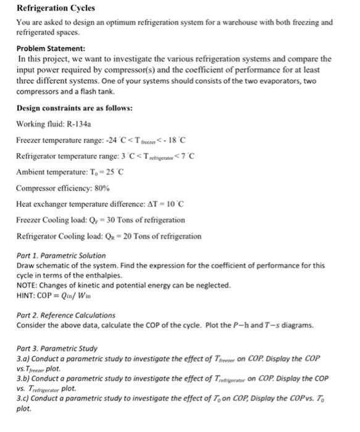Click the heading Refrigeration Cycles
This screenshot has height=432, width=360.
56,8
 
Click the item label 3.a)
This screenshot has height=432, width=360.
24,358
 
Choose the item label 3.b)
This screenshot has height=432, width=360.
24,378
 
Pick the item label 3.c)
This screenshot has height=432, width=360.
24,398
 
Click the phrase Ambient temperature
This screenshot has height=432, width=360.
53,171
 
